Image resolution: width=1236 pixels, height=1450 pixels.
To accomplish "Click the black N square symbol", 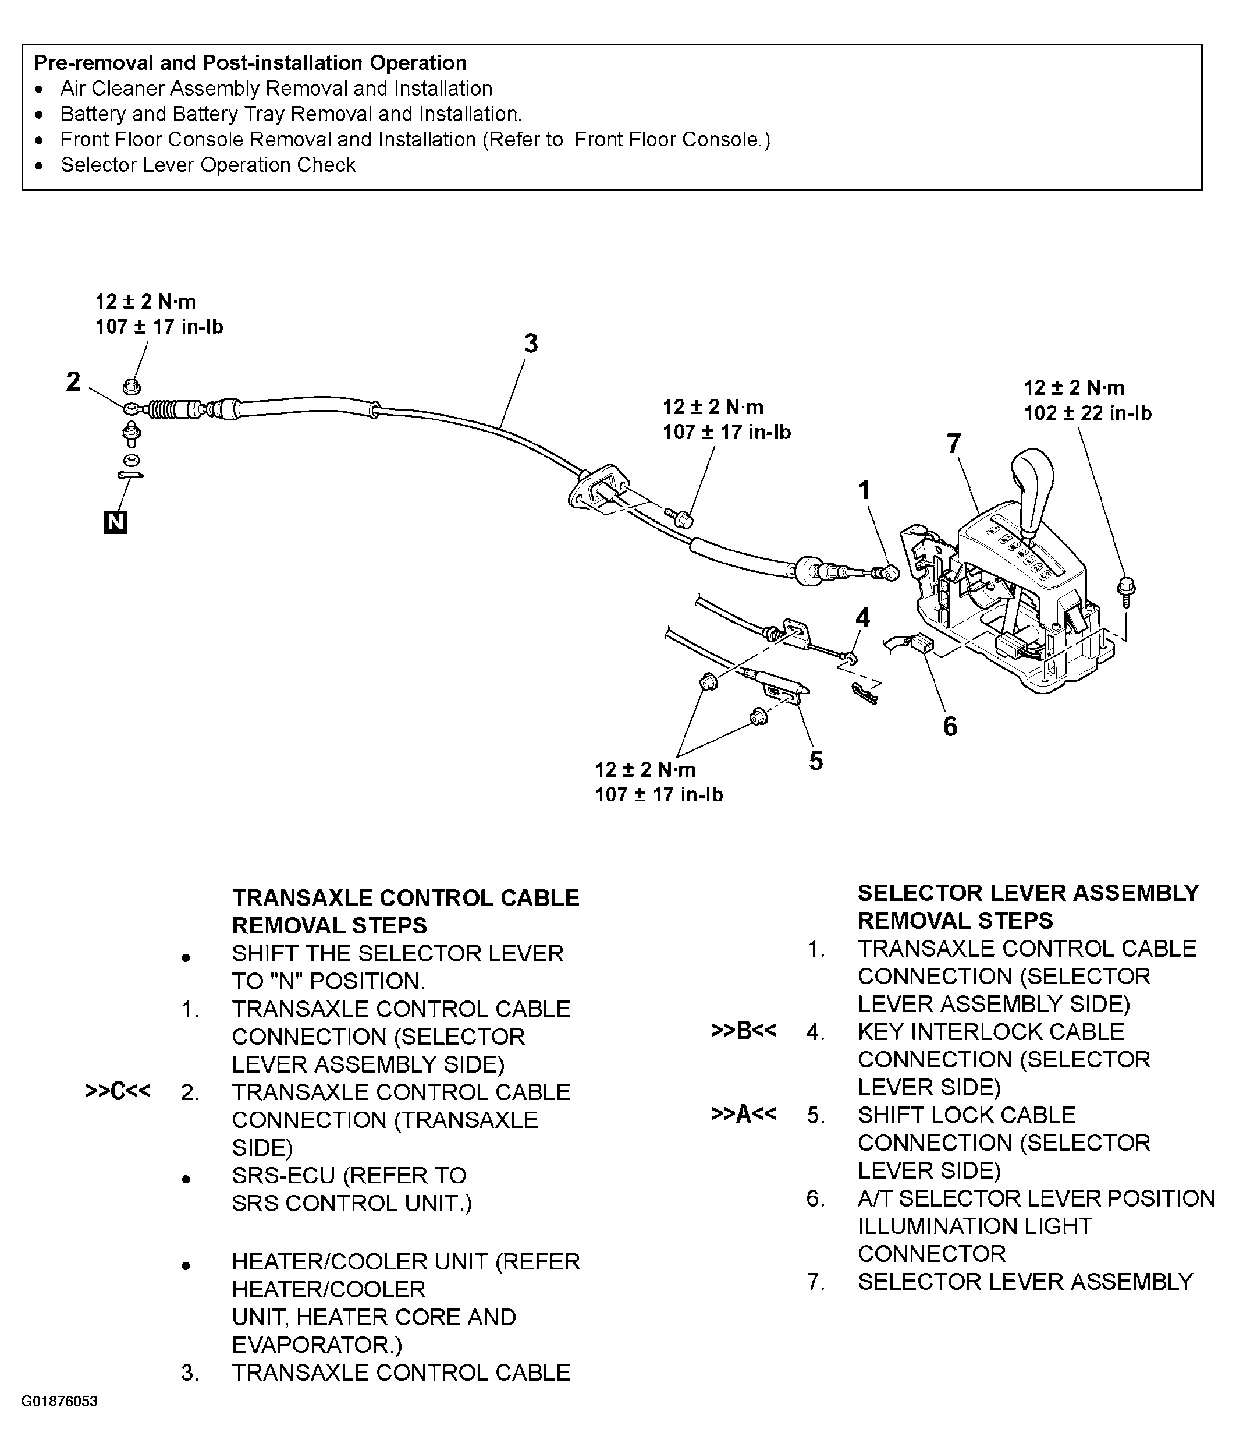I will click(x=115, y=523).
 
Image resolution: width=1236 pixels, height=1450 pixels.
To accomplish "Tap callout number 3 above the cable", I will click(x=531, y=344).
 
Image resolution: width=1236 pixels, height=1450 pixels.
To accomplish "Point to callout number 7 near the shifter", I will click(x=953, y=444).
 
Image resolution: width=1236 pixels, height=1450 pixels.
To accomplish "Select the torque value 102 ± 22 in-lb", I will click(x=1088, y=413).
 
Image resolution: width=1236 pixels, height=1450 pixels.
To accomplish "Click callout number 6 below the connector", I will click(x=949, y=726).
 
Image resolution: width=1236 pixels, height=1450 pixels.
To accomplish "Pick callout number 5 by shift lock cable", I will click(x=816, y=761).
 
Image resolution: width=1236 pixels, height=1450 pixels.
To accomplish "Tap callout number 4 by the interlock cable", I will click(x=862, y=617).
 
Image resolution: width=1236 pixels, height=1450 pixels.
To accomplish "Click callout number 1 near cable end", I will click(x=865, y=490).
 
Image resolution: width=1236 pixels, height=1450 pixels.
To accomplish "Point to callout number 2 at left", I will click(x=73, y=382).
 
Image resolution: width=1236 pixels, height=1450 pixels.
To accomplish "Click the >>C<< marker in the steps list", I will click(x=118, y=1092).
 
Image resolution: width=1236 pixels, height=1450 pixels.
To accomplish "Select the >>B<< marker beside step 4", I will click(x=744, y=1031).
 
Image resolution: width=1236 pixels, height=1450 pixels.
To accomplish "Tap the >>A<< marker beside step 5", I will click(x=744, y=1114).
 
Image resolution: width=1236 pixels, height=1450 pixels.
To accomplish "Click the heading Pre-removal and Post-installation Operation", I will click(x=250, y=63).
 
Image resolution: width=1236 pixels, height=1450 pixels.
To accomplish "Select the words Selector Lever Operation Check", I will click(x=208, y=165).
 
